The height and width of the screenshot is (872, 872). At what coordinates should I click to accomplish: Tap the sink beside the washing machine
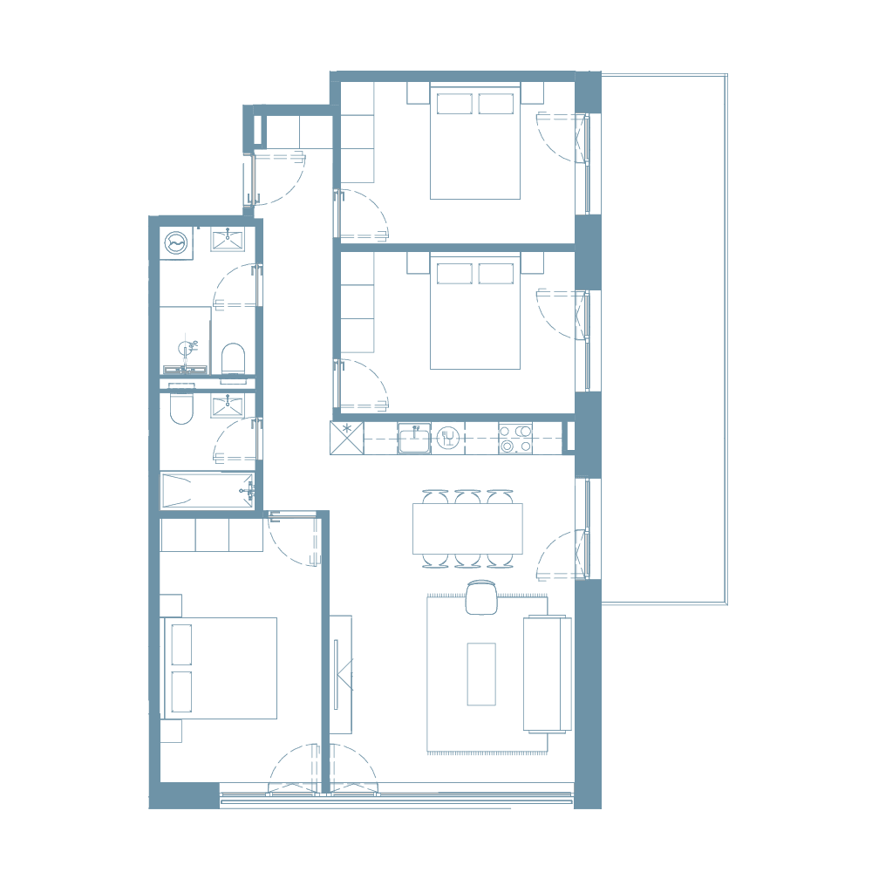click(x=227, y=240)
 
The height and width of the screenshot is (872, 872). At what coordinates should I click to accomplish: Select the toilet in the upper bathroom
click(x=233, y=363)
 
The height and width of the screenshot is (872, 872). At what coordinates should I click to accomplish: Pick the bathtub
click(x=207, y=490)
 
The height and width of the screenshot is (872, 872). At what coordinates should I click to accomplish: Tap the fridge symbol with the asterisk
click(x=345, y=437)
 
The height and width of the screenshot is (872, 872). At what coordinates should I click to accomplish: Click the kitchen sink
click(x=414, y=437)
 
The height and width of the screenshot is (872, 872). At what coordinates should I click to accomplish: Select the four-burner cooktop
click(x=515, y=438)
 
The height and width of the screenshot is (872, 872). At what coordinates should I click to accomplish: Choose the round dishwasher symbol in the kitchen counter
click(x=447, y=437)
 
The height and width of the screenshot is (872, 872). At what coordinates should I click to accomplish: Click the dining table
click(x=467, y=528)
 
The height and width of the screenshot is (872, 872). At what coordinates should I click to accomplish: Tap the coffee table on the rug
click(x=480, y=673)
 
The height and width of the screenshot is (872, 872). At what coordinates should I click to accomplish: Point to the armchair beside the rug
click(x=480, y=598)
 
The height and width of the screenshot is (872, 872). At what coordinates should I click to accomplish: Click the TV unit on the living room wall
click(x=341, y=674)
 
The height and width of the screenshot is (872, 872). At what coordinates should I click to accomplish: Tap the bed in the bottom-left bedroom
click(x=221, y=668)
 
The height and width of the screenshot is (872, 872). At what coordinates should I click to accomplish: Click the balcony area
click(x=663, y=340)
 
